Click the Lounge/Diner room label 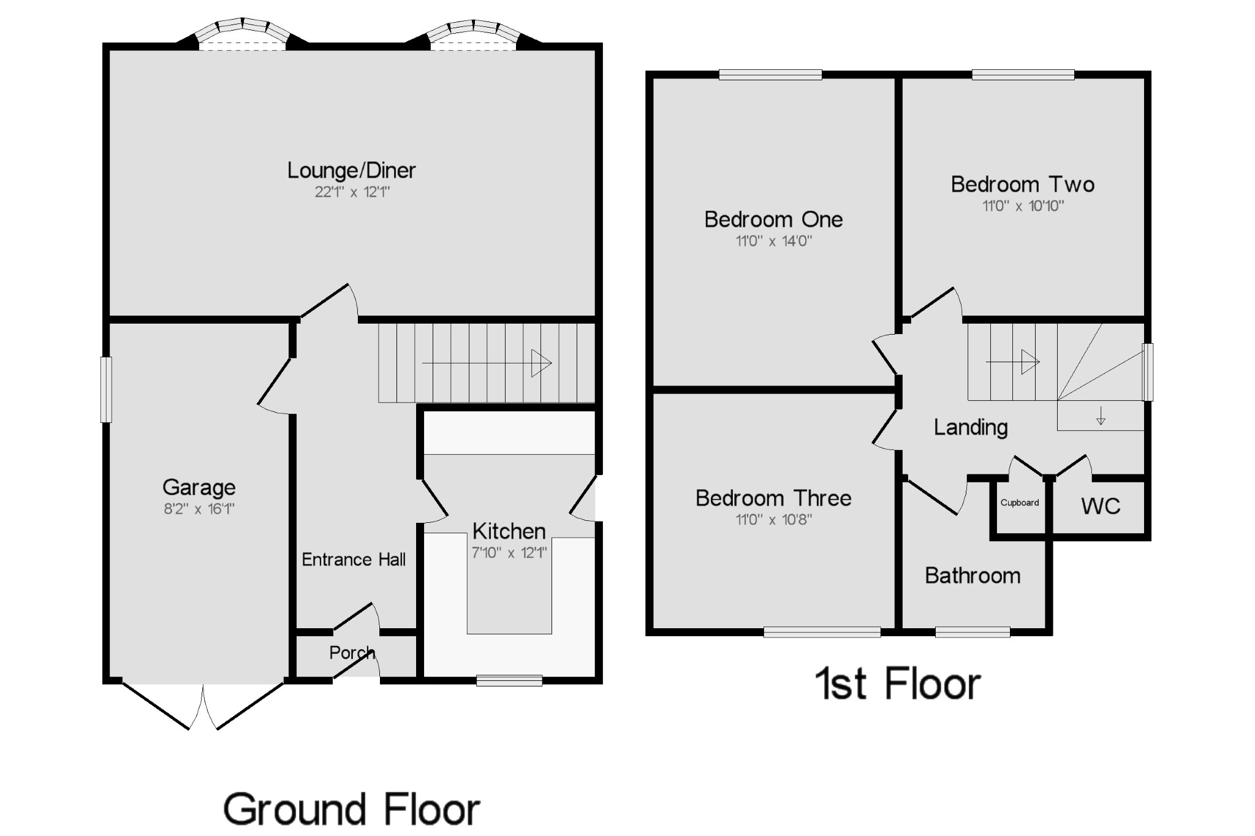[351, 170]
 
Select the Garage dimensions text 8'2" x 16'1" [199, 509]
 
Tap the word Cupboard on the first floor [1020, 503]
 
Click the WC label [1101, 506]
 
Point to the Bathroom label [973, 576]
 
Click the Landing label [971, 427]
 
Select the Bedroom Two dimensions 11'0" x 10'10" [1023, 207]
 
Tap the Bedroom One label [773, 219]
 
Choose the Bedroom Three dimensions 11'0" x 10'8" [773, 520]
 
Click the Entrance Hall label [354, 560]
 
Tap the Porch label [351, 653]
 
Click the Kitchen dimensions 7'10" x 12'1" [509, 553]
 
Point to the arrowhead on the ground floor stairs [541, 363]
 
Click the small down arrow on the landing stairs [1101, 416]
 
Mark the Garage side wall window [107, 389]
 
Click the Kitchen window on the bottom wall [509, 680]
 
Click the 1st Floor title [898, 685]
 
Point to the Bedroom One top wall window [770, 75]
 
